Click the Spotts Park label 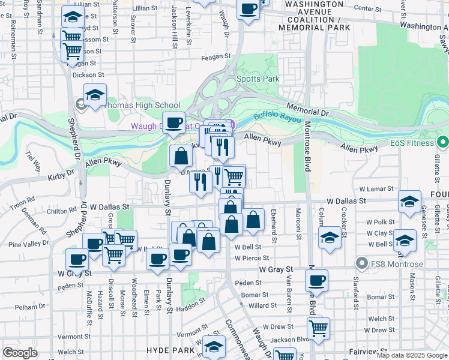[x=258, y=79]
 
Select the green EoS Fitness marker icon [x=443, y=143]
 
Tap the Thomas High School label [x=143, y=105]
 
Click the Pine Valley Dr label [x=28, y=244]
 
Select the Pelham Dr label [x=26, y=307]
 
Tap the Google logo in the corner [x=20, y=352]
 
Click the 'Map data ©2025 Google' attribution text [x=412, y=355]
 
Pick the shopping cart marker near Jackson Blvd [x=318, y=328]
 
